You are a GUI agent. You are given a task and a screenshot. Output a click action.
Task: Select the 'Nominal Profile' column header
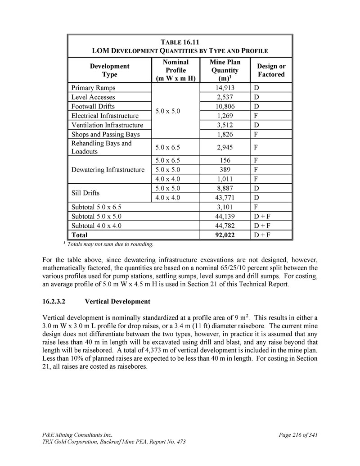[x=175, y=70]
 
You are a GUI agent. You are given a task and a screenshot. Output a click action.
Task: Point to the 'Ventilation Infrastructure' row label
[x=107, y=125]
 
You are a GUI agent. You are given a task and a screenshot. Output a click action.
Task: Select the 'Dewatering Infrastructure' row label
[x=108, y=170]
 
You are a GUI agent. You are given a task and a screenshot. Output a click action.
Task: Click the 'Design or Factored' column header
[x=271, y=70]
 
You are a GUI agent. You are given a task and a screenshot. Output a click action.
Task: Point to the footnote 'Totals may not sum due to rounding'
[x=109, y=244]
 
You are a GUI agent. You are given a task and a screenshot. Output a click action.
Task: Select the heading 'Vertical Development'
[x=117, y=301]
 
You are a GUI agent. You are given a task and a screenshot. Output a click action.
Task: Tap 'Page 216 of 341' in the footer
[x=299, y=435]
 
